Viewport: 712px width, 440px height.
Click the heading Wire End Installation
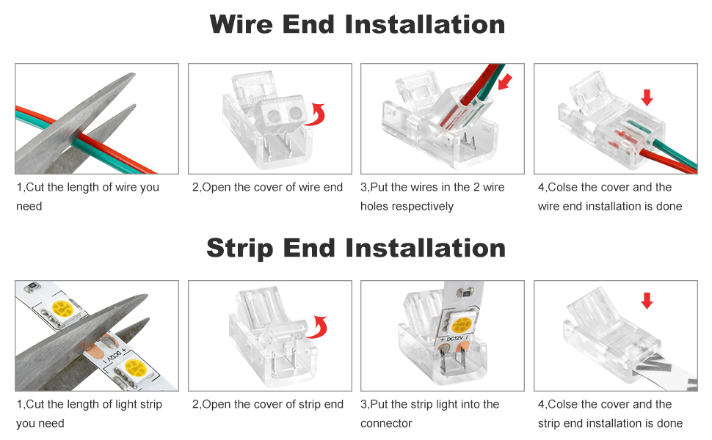coord(357,24)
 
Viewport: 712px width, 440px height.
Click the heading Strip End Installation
coord(356,247)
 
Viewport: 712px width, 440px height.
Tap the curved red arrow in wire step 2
coord(316,115)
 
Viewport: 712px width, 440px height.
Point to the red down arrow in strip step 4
coord(647,301)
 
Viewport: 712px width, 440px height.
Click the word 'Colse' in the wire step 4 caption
coord(564,187)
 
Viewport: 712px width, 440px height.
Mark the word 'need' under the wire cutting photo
coord(29,206)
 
